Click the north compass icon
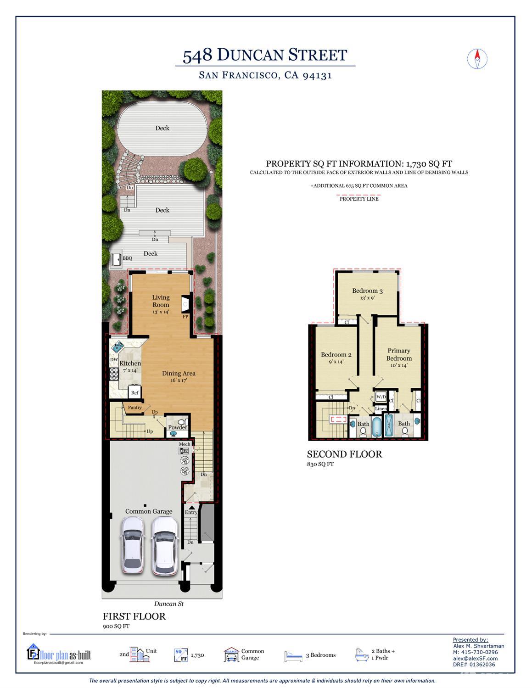tap(477, 58)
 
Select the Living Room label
tap(161, 301)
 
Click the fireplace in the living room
tap(185, 303)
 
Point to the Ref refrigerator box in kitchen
tap(135, 392)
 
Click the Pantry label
tap(135, 408)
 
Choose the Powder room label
tap(177, 427)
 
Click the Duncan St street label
tap(168, 604)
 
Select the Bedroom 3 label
tap(367, 291)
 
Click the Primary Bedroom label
tap(399, 354)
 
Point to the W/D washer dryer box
tap(381, 397)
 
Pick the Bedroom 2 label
tap(336, 355)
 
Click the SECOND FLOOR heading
tap(344, 454)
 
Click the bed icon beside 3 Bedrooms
tap(293, 655)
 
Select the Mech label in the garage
tap(185, 444)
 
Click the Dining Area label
tap(179, 373)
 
